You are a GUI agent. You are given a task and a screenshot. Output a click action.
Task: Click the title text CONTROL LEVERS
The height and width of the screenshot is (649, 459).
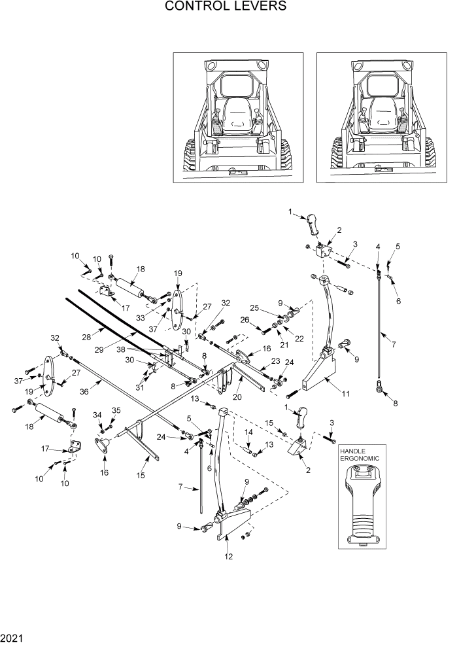pos(226,7)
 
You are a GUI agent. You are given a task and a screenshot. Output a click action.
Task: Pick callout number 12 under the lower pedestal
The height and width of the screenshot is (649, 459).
pos(227,557)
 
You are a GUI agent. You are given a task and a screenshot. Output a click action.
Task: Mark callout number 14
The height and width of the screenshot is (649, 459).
pos(248,432)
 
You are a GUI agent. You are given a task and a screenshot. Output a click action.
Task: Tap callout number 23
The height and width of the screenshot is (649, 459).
pos(275,360)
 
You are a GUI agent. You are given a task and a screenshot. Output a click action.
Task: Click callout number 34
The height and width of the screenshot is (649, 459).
pos(98,414)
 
